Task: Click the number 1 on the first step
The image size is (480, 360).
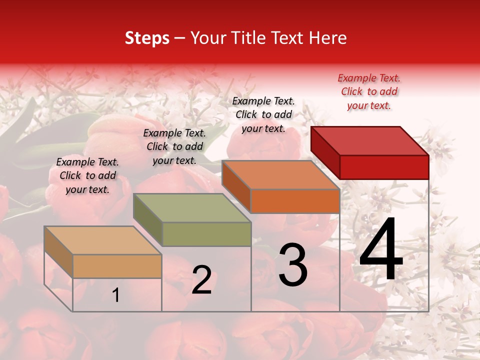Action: (x=116, y=295)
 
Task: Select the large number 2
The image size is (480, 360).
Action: (x=201, y=280)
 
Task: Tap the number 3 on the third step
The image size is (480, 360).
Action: (x=293, y=264)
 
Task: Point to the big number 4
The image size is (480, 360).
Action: (x=381, y=250)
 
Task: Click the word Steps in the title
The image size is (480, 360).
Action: (x=147, y=38)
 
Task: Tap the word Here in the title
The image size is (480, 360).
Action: (x=328, y=38)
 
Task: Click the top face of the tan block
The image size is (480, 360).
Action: (x=102, y=240)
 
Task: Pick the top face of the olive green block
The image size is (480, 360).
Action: (x=192, y=208)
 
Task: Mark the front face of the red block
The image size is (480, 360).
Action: (x=384, y=167)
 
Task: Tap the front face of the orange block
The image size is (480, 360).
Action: (x=295, y=201)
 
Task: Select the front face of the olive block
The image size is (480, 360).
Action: (x=206, y=234)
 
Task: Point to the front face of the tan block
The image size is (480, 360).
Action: (x=117, y=266)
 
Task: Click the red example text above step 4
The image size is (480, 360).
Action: (x=369, y=91)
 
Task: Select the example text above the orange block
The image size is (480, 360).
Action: (x=263, y=114)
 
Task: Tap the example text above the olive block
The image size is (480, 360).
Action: (x=174, y=146)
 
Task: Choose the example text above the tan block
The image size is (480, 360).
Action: (x=87, y=175)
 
